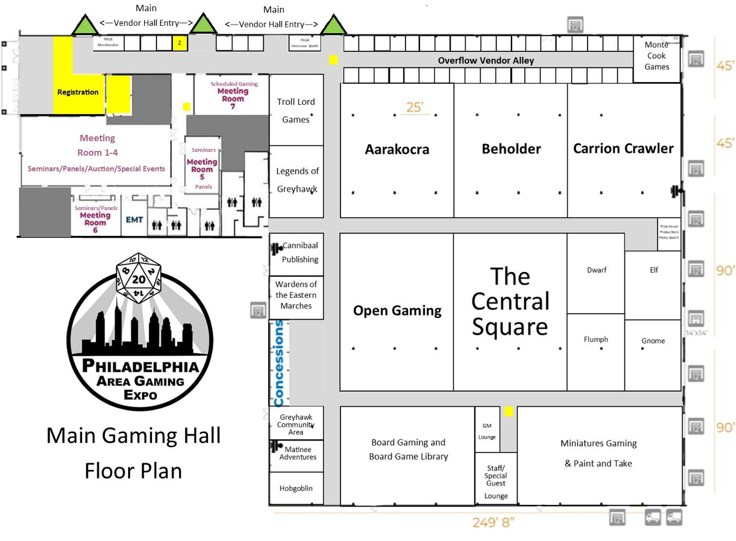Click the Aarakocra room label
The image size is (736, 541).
point(397,149)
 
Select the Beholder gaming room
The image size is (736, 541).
point(511,149)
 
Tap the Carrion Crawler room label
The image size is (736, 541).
point(623,148)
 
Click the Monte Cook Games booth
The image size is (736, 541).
point(656,56)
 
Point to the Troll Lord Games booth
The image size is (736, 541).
point(296,110)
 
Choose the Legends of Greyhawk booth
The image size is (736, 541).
point(297,180)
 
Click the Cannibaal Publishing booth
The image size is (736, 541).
point(299,252)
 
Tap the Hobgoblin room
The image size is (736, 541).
point(296,488)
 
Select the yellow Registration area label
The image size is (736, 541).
point(78,92)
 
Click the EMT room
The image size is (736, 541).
point(134,219)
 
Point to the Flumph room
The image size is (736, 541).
point(596,339)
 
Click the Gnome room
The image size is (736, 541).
point(653,341)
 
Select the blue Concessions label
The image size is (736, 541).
point(280,363)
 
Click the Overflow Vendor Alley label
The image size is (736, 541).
point(486,61)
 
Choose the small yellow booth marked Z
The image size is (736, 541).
point(180,44)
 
